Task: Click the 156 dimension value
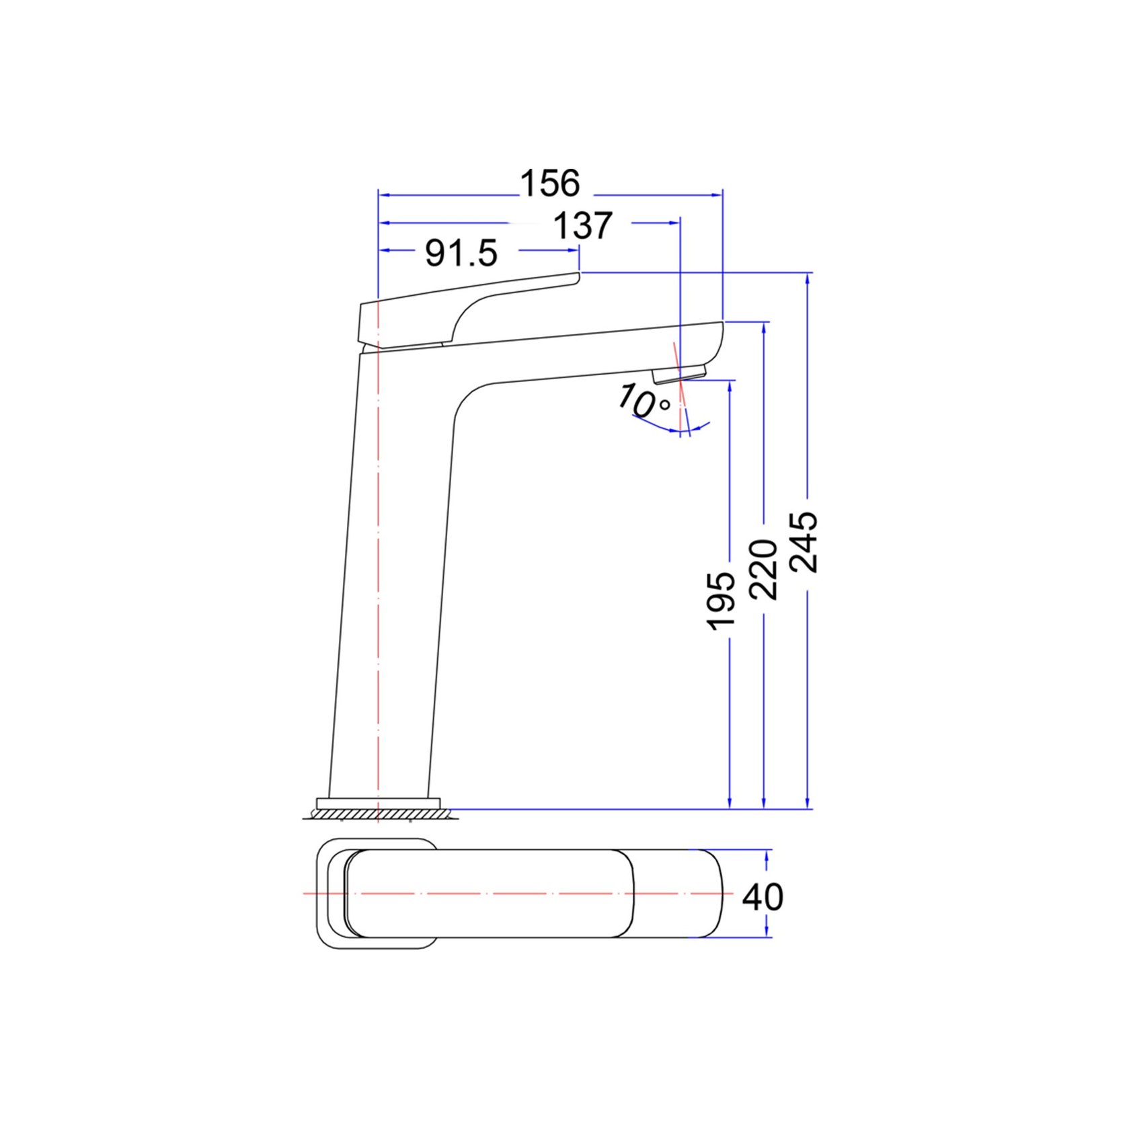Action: tap(550, 184)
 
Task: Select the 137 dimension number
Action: tap(582, 226)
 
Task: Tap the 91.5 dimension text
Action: tap(461, 254)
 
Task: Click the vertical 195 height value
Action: tap(722, 601)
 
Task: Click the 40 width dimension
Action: tap(763, 897)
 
